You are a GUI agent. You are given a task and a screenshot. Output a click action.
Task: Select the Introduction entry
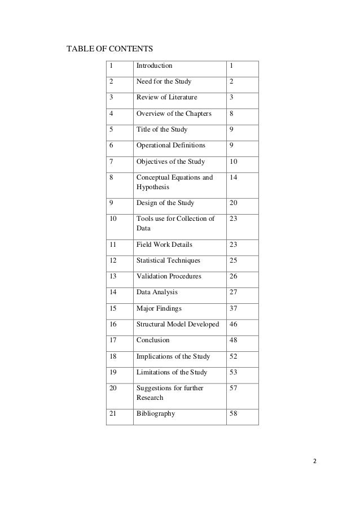pos(155,66)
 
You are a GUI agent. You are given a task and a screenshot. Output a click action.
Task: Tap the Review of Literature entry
pos(167,98)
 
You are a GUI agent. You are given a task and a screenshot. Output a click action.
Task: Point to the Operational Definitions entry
pos(171,146)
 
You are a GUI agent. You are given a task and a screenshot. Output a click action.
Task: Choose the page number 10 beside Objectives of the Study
pos(234,162)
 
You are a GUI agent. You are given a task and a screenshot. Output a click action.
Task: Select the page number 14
pos(234,178)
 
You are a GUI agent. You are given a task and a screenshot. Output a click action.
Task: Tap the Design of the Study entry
pos(166,203)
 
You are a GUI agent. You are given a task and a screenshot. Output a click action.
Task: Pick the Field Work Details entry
pos(164,245)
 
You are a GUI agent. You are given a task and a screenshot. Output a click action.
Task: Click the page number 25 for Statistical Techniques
pos(234,260)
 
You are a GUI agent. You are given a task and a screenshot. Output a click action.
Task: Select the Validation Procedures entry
pos(169,276)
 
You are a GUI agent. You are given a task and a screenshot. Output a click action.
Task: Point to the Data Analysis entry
pos(157,292)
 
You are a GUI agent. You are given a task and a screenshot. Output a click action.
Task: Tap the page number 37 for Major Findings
pos(234,308)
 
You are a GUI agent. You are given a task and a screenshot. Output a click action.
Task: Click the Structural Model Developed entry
pos(178,324)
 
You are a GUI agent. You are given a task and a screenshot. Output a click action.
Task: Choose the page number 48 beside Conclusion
pos(234,340)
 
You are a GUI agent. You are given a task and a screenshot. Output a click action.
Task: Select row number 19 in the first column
pos(113,372)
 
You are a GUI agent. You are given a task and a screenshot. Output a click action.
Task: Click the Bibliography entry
pos(156,413)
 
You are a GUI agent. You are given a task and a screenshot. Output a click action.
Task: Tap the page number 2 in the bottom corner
pos(315,460)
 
